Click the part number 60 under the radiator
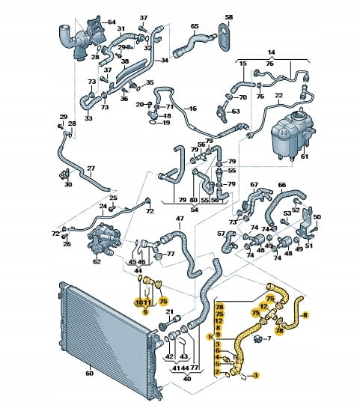point(90,374)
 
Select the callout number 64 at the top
point(112,22)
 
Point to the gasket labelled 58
point(225,37)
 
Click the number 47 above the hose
point(180,219)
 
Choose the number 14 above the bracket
point(271,52)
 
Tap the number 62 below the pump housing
point(97,261)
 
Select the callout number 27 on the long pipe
point(91,168)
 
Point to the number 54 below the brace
point(195,210)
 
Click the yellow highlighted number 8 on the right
point(305,315)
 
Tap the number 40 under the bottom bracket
point(187,378)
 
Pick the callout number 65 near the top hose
point(195,26)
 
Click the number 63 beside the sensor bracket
point(236,112)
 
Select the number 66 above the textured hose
point(282,185)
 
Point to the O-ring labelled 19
point(152,122)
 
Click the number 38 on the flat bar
point(125,61)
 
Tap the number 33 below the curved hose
point(88,118)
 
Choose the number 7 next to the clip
point(269,338)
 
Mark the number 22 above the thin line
point(279,95)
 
